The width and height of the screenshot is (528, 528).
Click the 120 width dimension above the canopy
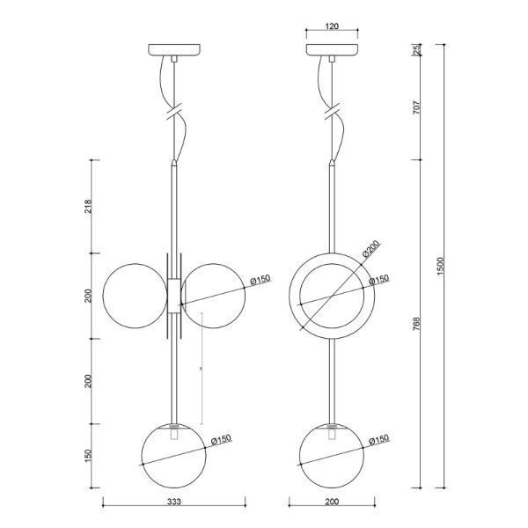click(332, 27)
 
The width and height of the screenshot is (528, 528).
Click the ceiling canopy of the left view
click(176, 50)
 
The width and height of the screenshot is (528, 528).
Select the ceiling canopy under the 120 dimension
click(333, 50)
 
